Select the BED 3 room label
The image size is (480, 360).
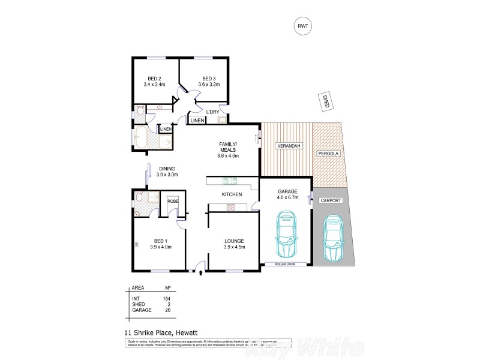coord(208,79)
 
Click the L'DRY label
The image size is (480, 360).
coord(212,112)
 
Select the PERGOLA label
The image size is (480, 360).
coord(328,154)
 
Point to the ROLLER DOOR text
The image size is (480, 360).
coord(286,263)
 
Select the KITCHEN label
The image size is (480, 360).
coord(232,195)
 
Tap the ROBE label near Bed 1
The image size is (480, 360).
coord(172,201)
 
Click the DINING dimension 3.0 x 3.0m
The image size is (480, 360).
coord(168,175)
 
